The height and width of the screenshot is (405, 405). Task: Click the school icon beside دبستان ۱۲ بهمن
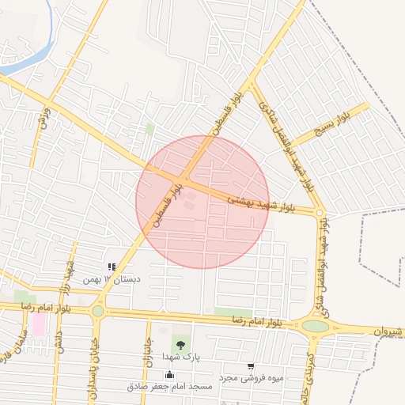[x=112, y=267]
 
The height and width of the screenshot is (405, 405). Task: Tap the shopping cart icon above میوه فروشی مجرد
[x=251, y=367]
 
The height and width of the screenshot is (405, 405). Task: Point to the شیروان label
[x=388, y=331]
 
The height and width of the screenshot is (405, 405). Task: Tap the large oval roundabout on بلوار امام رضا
[x=315, y=325]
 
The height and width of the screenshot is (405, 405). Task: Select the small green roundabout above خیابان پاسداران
[x=97, y=312]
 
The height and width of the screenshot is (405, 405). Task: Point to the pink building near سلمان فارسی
[x=39, y=324]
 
